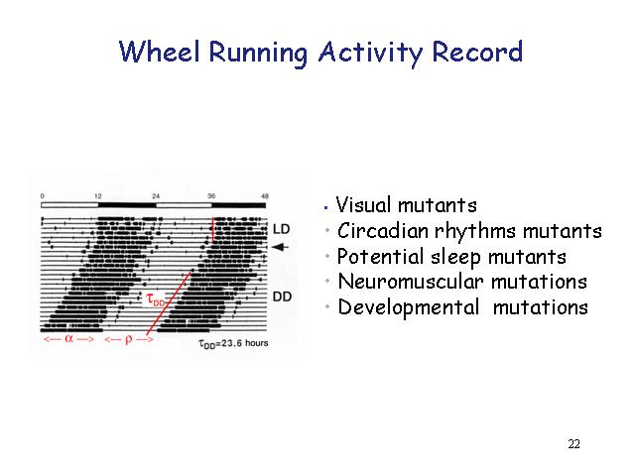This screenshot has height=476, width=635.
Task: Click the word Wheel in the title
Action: coord(159,52)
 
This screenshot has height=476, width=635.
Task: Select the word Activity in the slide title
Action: coord(370,53)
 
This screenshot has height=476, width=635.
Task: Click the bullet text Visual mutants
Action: coord(407,204)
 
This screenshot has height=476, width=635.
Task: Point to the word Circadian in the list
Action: coord(383,231)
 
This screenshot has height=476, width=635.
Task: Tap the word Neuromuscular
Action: coord(411,282)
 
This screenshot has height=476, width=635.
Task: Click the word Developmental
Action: coord(409,307)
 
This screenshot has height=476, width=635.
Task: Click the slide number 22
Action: coord(573,444)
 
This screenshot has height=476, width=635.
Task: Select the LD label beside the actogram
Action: coord(282,229)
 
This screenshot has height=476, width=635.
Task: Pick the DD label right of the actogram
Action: coord(282,297)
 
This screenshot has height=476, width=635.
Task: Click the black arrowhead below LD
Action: coord(280,247)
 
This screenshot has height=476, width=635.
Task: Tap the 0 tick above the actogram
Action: coord(43,196)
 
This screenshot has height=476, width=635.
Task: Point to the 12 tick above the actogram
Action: coord(98,196)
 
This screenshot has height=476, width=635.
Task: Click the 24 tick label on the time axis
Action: coord(156,196)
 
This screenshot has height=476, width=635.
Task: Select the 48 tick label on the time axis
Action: coord(265,196)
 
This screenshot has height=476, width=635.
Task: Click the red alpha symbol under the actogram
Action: coord(68,338)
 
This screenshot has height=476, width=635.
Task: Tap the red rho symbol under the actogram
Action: coord(129,339)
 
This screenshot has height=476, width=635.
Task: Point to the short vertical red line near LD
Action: coord(212,230)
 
